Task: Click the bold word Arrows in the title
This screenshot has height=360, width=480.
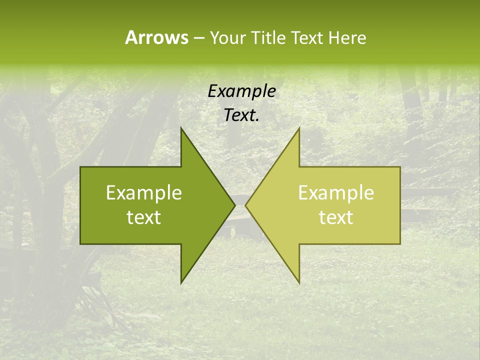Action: coord(156,37)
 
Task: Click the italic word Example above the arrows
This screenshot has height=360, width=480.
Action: coord(242,92)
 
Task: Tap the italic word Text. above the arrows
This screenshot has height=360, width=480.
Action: coord(242,115)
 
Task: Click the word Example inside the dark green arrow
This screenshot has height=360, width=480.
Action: coord(144,193)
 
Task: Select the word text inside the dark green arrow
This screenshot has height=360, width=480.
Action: coord(144,217)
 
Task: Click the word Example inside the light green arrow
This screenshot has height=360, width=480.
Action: coord(336,193)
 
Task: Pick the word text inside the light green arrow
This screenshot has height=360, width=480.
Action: coord(336,217)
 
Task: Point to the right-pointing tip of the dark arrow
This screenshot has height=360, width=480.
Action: coord(235,205)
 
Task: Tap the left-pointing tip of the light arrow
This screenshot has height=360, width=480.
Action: coord(245,205)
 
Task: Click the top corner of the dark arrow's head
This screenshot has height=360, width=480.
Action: coord(181,127)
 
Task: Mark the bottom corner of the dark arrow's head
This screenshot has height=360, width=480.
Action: coord(181,283)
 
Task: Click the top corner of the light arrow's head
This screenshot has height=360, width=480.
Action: coord(299,127)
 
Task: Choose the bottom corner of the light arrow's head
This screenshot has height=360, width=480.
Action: coord(299,283)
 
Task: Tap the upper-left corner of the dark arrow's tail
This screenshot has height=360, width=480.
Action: coord(80,167)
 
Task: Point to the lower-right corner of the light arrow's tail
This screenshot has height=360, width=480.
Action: coord(400,243)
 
